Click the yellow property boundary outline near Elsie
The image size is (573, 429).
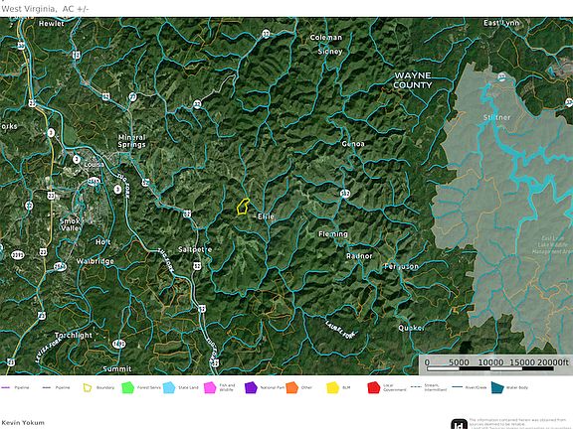241,207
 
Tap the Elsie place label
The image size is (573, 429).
266,216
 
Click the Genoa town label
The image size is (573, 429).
353,144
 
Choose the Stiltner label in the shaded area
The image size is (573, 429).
496,117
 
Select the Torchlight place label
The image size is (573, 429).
73,336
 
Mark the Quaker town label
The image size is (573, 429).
411,328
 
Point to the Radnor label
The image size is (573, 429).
359,256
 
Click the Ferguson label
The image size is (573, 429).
401,267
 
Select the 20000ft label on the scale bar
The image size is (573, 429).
551,362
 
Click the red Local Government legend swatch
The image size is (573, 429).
374,387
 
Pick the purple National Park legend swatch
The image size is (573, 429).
251,387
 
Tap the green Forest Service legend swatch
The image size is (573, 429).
127,387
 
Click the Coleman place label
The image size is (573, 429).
325,38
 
